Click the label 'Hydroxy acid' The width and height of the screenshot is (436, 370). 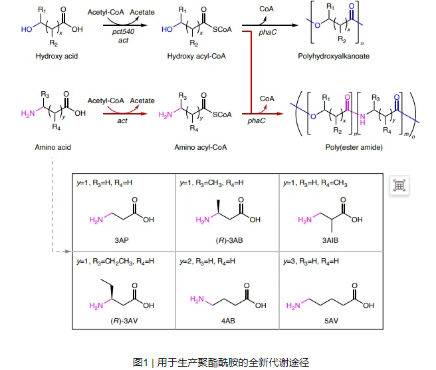tap(56, 57)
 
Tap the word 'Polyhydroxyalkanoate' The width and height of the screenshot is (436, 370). tap(333, 57)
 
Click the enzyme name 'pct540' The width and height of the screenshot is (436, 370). tap(120, 31)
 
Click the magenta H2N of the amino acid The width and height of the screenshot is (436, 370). tap(27, 114)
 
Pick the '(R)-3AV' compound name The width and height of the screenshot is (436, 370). tap(124, 321)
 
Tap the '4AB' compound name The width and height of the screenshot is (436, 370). tap(227, 321)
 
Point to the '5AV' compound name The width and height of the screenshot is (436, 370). tap(330, 321)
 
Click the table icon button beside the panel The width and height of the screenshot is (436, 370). tap(399, 186)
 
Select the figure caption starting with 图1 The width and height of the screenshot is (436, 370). tap(218, 362)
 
